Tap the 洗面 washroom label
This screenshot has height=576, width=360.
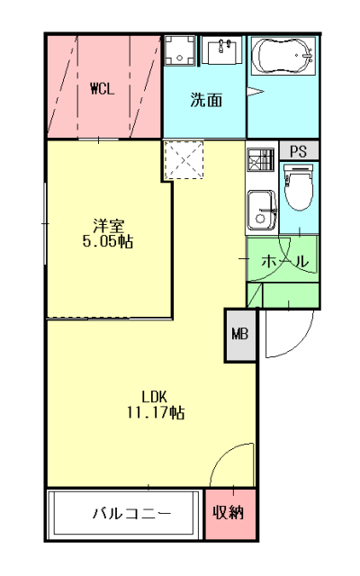205,100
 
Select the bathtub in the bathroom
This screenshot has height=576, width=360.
282,57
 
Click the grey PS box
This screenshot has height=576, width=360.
298,151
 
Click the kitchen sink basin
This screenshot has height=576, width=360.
263,209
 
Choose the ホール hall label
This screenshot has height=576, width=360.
285,261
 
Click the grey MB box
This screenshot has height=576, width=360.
240,335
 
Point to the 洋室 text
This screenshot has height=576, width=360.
106,225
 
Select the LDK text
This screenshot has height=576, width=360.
154,397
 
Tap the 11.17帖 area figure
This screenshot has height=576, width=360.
155,413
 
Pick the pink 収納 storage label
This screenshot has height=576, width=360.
230,514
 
